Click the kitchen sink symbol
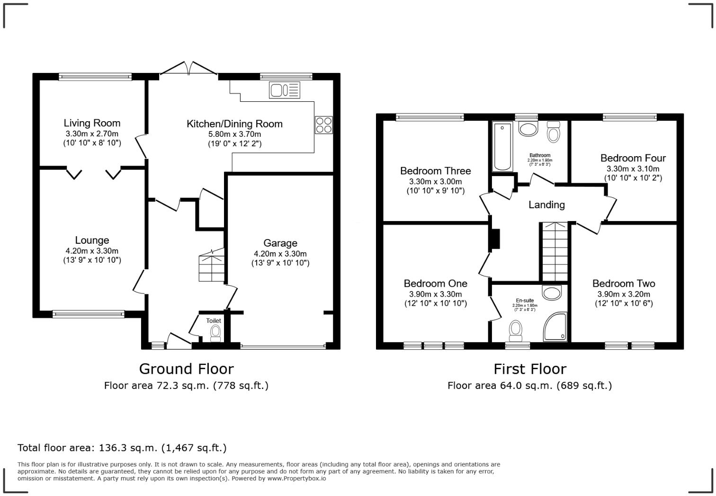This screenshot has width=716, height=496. [x=284, y=90]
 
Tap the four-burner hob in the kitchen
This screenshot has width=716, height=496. [x=323, y=124]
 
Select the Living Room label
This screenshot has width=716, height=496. [x=92, y=124]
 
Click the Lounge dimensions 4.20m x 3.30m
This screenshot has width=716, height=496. [x=92, y=251]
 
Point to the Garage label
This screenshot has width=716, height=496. [x=280, y=243]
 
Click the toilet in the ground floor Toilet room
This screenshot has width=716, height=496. [x=215, y=333]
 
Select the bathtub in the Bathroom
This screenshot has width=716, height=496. [x=502, y=146]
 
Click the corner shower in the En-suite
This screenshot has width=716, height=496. [x=555, y=327]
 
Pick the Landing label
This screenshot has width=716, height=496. [x=546, y=204]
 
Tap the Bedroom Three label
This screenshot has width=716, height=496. [x=435, y=171]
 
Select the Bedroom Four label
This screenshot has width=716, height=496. [x=633, y=158]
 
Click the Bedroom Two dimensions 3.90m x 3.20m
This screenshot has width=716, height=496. [x=624, y=294]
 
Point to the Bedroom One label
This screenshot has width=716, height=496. [x=435, y=283]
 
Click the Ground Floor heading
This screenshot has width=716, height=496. [x=186, y=369]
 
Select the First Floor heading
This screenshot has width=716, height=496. [x=529, y=369]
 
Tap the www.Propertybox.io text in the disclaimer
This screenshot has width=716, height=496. [x=296, y=478]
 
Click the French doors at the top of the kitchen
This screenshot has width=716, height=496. [x=188, y=69]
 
